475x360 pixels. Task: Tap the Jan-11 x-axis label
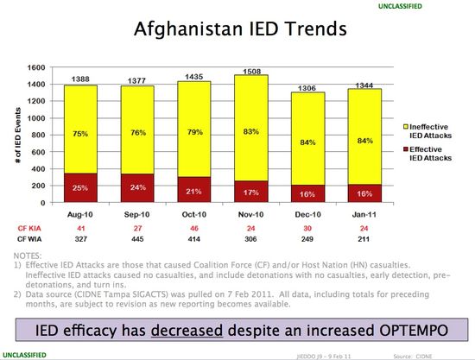[365, 212]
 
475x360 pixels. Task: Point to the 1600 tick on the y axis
[36, 67]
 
